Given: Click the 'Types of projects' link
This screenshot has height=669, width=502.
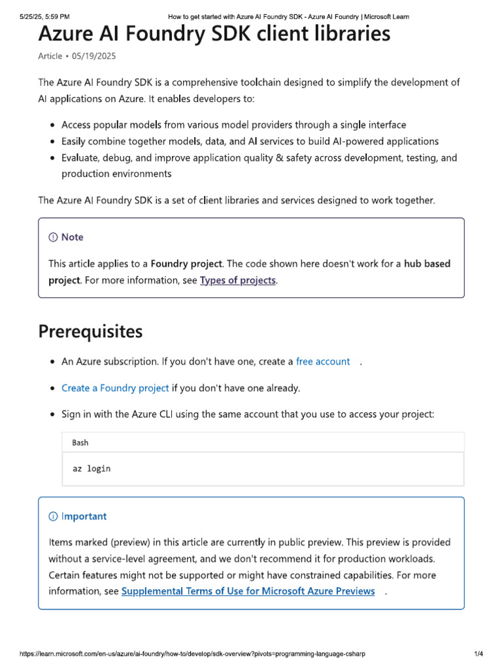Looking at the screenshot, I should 238,280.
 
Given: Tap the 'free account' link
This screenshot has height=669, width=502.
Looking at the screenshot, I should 323,361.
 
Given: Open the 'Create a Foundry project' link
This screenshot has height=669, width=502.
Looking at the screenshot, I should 115,388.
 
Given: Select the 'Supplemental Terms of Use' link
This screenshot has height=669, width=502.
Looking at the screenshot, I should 248,591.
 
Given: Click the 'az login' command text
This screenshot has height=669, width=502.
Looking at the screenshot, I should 92,468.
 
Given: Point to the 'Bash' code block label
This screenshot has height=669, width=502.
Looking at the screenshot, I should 80,442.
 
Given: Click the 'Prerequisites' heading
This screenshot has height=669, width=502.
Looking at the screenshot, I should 90,332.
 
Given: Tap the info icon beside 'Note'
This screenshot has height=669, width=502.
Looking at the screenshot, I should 53,237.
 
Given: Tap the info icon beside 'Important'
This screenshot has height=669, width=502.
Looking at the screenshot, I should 53,516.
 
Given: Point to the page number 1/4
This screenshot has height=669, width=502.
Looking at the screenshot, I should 478,653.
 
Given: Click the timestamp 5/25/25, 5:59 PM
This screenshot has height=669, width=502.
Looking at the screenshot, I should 44,16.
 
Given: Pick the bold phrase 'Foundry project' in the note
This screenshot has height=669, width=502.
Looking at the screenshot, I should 187,264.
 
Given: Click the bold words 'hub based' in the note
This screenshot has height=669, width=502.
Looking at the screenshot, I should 427,264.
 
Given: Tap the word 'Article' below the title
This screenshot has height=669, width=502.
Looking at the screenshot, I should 50,56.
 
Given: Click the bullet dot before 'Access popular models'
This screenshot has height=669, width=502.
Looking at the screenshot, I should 52,125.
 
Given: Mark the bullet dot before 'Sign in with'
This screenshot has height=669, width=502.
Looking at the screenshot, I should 52,415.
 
